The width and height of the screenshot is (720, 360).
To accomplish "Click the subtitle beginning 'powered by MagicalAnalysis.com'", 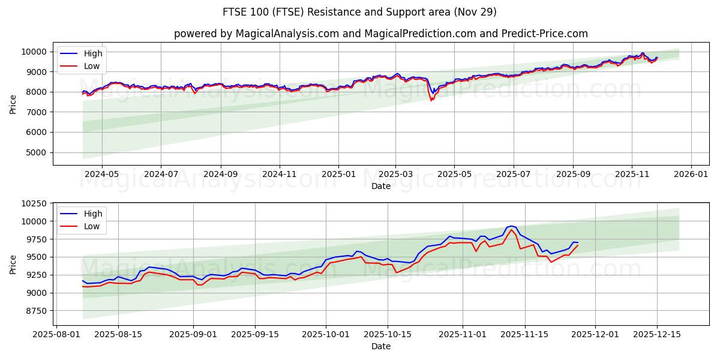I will tap(380, 34).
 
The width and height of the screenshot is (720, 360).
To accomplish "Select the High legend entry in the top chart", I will tap(92, 53).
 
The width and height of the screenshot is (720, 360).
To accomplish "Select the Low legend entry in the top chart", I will tap(92, 66).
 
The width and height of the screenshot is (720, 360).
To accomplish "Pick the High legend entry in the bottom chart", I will tap(92, 214).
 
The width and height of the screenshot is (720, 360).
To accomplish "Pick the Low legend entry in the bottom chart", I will tap(92, 226).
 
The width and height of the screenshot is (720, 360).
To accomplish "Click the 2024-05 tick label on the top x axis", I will tap(101, 175).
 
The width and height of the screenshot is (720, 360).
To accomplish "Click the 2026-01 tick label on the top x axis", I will tap(691, 175).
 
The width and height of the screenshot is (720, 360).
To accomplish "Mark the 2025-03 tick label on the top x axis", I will tap(396, 175).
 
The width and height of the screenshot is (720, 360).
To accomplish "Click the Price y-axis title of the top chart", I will tap(13, 104).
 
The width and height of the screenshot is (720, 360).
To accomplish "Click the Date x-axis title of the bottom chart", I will tap(380, 346).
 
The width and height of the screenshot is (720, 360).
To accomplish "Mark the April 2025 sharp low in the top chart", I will tap(431, 100).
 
